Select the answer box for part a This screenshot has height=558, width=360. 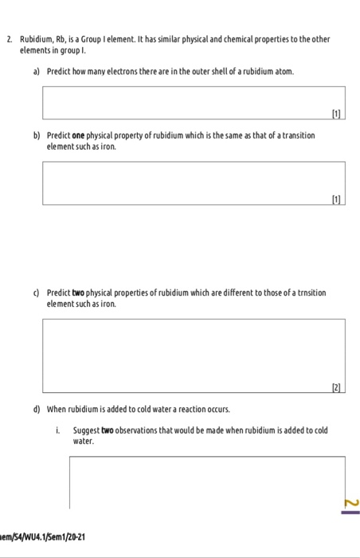[x=194, y=101]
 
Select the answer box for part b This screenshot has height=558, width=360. [x=194, y=183]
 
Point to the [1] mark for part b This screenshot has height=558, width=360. [x=338, y=199]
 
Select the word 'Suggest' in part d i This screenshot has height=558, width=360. [x=87, y=430]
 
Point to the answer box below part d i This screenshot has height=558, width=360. [x=207, y=481]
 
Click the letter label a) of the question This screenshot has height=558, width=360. [x=37, y=71]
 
